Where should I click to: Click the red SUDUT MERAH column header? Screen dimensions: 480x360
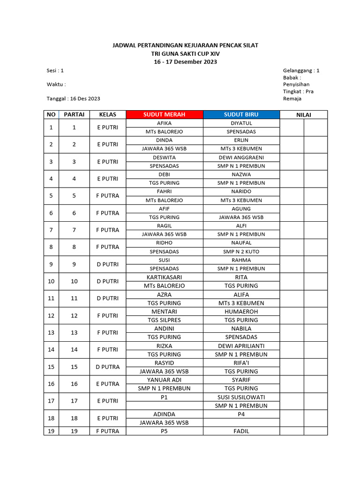click(164, 114)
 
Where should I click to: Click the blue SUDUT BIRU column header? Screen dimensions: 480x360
click(241, 114)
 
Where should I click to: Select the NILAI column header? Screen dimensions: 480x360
click(303, 115)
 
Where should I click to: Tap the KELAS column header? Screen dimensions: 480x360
click(108, 114)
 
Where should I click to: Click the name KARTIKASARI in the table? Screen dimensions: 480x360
click(164, 277)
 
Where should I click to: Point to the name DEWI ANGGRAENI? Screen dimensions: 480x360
click(241, 157)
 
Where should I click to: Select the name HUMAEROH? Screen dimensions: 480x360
click(241, 311)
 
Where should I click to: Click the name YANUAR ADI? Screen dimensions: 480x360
click(164, 380)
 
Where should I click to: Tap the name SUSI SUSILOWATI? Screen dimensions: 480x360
click(241, 397)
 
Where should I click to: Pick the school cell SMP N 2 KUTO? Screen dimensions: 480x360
click(241, 252)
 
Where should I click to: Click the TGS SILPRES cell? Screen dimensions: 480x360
click(164, 320)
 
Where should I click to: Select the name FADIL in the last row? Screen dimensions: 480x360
click(241, 431)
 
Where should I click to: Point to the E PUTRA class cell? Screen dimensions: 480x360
click(108, 384)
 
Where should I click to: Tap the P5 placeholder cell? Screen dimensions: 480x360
click(164, 431)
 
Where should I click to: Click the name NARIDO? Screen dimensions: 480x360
click(241, 192)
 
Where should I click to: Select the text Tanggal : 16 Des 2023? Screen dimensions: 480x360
click(73, 99)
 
